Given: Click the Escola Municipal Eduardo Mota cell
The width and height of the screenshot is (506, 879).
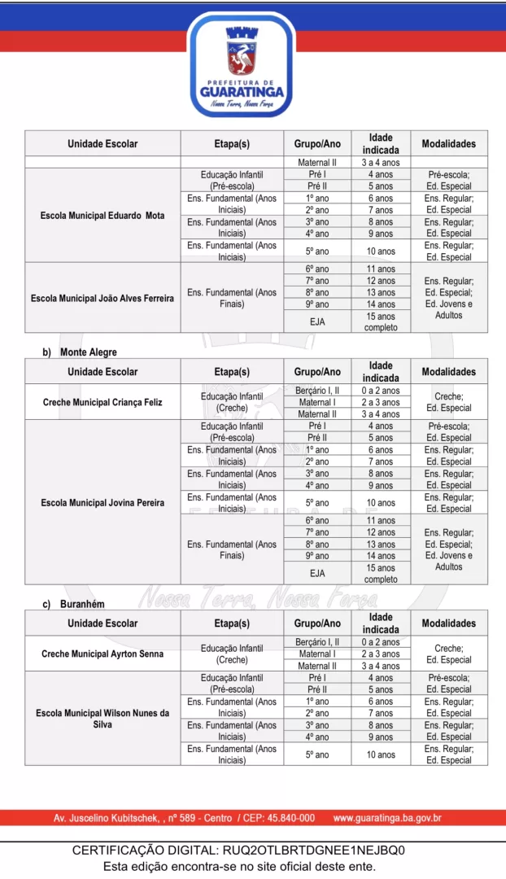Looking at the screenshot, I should [x=103, y=216].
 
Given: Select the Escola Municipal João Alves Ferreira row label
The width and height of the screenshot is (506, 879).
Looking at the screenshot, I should [x=103, y=299].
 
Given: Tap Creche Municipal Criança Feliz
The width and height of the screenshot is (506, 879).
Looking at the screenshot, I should [x=103, y=402].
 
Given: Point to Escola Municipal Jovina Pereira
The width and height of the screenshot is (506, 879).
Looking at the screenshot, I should [x=103, y=503].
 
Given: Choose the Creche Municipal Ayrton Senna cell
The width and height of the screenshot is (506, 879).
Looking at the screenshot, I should [x=103, y=654].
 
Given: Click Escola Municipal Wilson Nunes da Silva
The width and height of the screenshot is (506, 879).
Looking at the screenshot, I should [x=103, y=718].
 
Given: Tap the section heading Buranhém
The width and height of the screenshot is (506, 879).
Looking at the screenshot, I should [x=82, y=604].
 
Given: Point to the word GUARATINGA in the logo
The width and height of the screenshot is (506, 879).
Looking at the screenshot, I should [x=242, y=91].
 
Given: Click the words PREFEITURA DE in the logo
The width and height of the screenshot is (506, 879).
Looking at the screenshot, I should [x=242, y=81].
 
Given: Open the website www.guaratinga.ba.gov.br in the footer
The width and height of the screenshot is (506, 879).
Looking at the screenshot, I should [x=387, y=818].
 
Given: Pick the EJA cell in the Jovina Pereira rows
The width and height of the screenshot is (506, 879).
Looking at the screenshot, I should [x=317, y=573].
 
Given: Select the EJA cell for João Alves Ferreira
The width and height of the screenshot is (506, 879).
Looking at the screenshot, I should [x=317, y=321].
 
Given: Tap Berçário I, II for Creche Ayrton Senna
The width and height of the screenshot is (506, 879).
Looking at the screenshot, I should [x=317, y=642].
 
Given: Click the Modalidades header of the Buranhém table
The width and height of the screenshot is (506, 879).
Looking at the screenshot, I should [x=449, y=623].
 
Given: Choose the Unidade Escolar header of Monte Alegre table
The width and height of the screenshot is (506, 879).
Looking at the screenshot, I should [x=103, y=372].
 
